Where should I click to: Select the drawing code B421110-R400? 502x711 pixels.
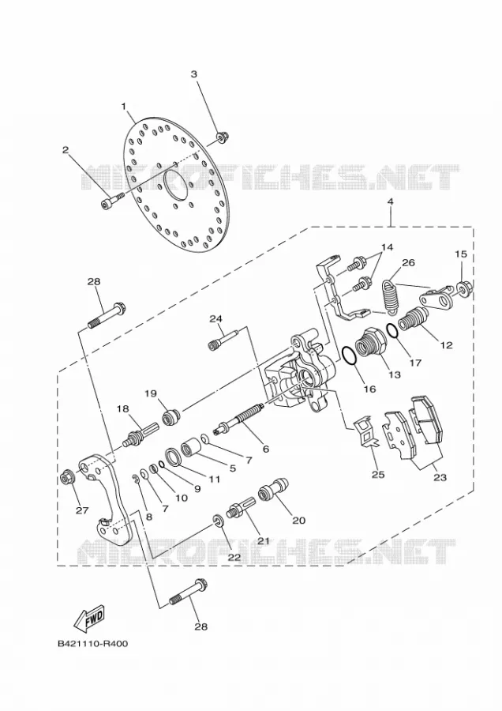pyautogui.click(x=93, y=643)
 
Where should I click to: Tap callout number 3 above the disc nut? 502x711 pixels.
pyautogui.click(x=194, y=74)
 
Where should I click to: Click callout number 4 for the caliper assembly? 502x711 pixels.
pyautogui.click(x=390, y=201)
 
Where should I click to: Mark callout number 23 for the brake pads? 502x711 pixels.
pyautogui.click(x=440, y=477)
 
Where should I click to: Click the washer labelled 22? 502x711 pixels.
pyautogui.click(x=217, y=521)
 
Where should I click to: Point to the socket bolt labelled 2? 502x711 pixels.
pyautogui.click(x=112, y=201)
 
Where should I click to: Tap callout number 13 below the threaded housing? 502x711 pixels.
pyautogui.click(x=395, y=374)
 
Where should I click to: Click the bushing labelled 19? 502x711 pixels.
pyautogui.click(x=171, y=416)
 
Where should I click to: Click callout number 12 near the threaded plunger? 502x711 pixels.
pyautogui.click(x=446, y=345)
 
